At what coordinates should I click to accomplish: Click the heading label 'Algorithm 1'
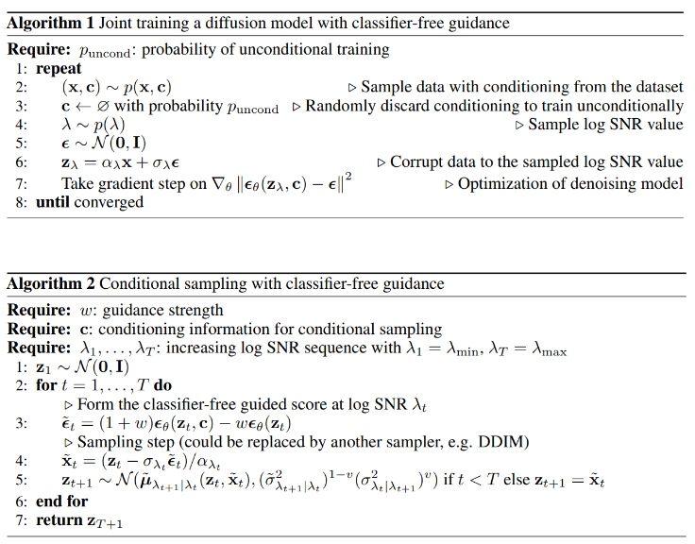point(46,26)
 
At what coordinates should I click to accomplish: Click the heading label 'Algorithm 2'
point(46,283)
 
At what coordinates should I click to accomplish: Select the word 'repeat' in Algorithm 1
point(59,68)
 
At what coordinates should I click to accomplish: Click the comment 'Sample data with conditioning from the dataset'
point(523,87)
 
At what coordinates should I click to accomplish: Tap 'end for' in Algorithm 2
point(62,501)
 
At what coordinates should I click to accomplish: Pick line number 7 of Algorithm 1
point(20,183)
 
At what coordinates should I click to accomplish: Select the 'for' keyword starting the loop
point(47,385)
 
